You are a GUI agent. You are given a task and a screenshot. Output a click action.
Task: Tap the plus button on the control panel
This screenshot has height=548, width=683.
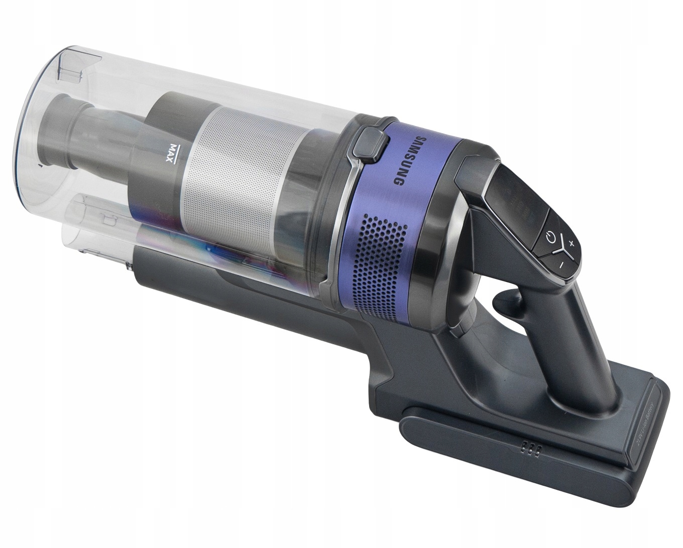[x=572, y=230]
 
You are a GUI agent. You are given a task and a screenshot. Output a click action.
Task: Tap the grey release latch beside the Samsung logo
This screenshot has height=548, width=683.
[x=367, y=146]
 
